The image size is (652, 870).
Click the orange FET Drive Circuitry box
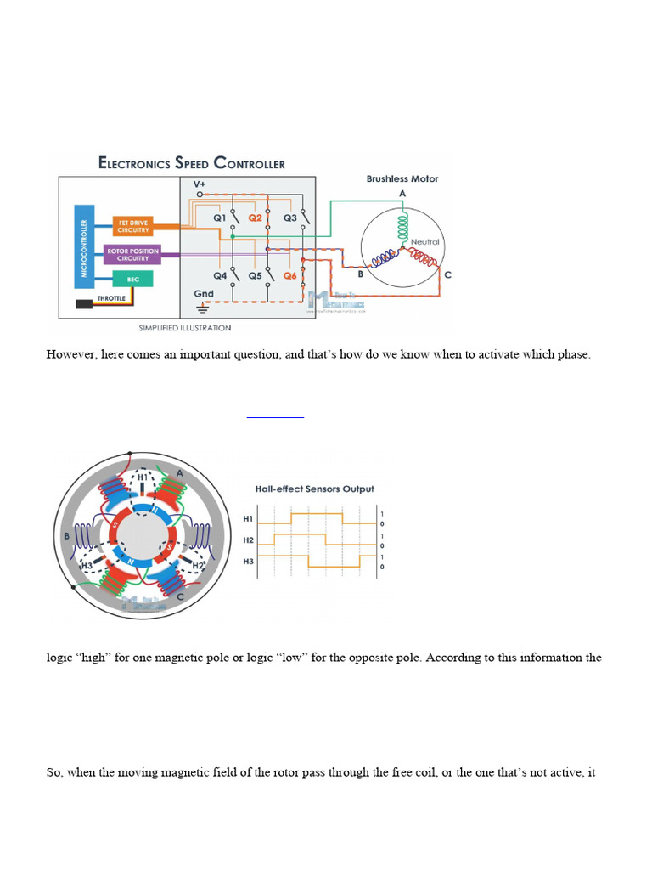[x=132, y=226]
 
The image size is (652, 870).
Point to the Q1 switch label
[x=220, y=217]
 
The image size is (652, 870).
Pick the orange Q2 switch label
[x=255, y=217]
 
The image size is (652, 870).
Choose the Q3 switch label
[x=290, y=217]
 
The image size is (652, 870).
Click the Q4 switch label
[x=220, y=275]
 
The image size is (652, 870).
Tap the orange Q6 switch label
[x=290, y=275]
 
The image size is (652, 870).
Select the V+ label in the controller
[x=200, y=184]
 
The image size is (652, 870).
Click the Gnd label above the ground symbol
[x=203, y=294]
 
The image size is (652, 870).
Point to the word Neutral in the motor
[x=424, y=242]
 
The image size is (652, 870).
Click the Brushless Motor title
[x=402, y=179]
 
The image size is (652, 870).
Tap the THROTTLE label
[x=110, y=298]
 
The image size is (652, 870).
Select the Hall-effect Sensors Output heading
[x=315, y=489]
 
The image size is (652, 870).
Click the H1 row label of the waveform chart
[x=248, y=518]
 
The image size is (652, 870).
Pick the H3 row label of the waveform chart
[x=248, y=561]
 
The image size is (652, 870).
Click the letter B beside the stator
[x=67, y=536]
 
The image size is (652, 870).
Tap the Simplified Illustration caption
[x=184, y=327]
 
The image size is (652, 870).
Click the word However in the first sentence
[x=71, y=354]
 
